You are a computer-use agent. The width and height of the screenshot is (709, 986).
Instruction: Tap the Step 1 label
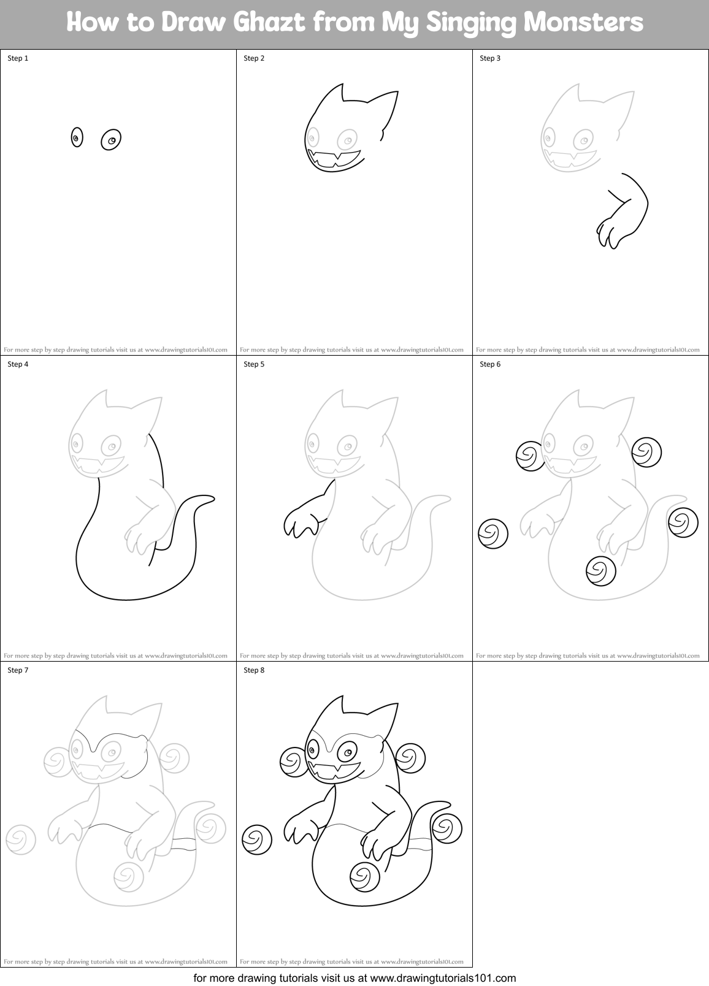click(x=18, y=58)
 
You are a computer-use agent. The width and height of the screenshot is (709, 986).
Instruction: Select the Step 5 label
click(x=254, y=364)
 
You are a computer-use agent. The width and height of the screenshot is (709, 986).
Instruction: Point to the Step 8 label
click(x=254, y=670)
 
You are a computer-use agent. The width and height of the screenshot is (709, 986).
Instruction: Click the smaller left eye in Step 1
click(x=77, y=138)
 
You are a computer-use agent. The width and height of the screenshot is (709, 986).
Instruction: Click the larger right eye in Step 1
click(x=111, y=140)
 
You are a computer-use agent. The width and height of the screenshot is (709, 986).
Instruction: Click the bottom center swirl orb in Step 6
click(x=600, y=571)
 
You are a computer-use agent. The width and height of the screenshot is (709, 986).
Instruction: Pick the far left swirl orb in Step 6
click(x=493, y=533)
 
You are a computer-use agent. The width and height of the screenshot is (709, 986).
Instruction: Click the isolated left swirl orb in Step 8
click(x=257, y=839)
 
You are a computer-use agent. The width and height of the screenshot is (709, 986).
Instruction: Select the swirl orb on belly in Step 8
click(x=365, y=876)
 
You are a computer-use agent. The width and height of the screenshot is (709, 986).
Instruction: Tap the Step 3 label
click(x=490, y=58)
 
